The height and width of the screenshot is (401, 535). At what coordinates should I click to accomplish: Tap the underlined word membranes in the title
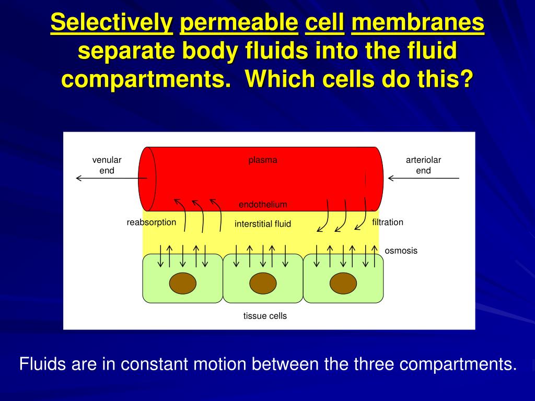(418, 23)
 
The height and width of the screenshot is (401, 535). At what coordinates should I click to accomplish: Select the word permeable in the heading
(239, 23)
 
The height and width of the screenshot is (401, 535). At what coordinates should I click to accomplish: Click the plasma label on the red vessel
(262, 160)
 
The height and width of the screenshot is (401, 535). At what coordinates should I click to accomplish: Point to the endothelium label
(263, 204)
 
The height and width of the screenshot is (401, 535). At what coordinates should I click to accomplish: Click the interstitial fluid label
(263, 224)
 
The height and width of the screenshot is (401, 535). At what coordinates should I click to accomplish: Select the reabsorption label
(152, 222)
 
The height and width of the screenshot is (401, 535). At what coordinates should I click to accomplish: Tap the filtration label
(388, 222)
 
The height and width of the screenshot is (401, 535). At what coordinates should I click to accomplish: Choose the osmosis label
(401, 251)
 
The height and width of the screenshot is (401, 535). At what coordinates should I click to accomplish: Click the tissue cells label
(265, 316)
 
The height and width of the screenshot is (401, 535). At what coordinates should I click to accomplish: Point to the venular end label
(107, 165)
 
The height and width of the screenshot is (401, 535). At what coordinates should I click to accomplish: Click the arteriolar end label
(423, 165)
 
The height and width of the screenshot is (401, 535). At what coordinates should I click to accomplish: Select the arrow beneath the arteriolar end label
(423, 179)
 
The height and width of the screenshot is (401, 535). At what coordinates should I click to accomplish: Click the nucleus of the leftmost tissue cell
(183, 284)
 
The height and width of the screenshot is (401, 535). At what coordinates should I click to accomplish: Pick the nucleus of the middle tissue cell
(263, 284)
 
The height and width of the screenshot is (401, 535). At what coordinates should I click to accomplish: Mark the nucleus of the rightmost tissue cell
(343, 284)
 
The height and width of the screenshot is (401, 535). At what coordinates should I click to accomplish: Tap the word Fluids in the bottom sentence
(43, 364)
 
